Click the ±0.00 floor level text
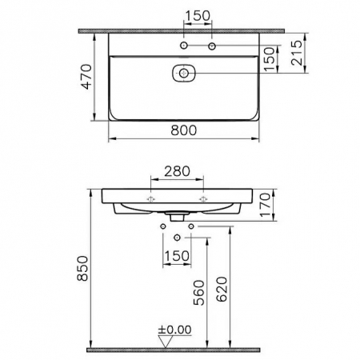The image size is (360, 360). pyautogui.click(x=174, y=330)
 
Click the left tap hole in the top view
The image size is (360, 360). pyautogui.click(x=185, y=47)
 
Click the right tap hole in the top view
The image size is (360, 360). pyautogui.click(x=212, y=47)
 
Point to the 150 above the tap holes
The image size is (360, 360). pyautogui.click(x=198, y=14)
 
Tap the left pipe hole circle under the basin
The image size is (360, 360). pyautogui.click(x=162, y=227)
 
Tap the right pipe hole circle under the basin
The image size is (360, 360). pyautogui.click(x=190, y=227)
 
